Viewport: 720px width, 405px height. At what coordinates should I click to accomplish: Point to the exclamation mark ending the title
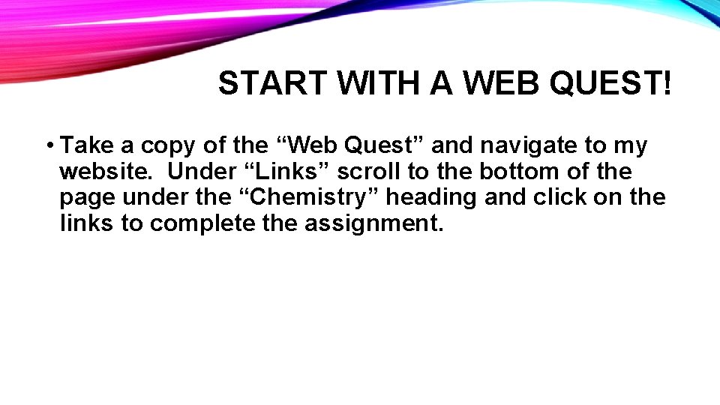pyautogui.click(x=667, y=85)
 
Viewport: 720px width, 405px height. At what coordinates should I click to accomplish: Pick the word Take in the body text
pyautogui.click(x=83, y=145)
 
